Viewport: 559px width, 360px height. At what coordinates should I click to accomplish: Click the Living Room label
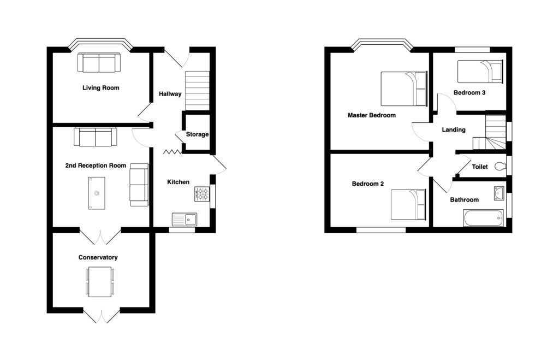click(100, 88)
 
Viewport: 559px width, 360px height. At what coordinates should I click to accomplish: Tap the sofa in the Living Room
click(99, 63)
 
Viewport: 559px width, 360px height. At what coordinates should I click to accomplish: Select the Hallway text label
click(170, 94)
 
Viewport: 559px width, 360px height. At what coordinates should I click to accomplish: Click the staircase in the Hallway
click(198, 90)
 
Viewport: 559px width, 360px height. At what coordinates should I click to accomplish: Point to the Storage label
click(197, 134)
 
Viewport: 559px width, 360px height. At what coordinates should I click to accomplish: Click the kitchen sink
click(184, 219)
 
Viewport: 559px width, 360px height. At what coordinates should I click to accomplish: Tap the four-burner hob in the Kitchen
click(203, 193)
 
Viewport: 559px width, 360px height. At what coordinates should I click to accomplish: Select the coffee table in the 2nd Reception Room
click(96, 193)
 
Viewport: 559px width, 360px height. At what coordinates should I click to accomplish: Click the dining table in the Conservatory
click(100, 282)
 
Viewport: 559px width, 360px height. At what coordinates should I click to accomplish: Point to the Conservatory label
click(98, 257)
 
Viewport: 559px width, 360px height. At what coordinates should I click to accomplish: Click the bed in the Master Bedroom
click(404, 88)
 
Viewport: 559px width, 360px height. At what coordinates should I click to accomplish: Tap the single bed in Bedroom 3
click(479, 71)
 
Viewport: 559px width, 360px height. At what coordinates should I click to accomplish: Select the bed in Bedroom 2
click(408, 204)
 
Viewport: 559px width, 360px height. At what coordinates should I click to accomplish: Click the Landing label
click(454, 130)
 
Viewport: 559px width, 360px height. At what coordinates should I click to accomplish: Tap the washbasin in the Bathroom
click(498, 193)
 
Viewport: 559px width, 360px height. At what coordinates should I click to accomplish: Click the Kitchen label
click(179, 182)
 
